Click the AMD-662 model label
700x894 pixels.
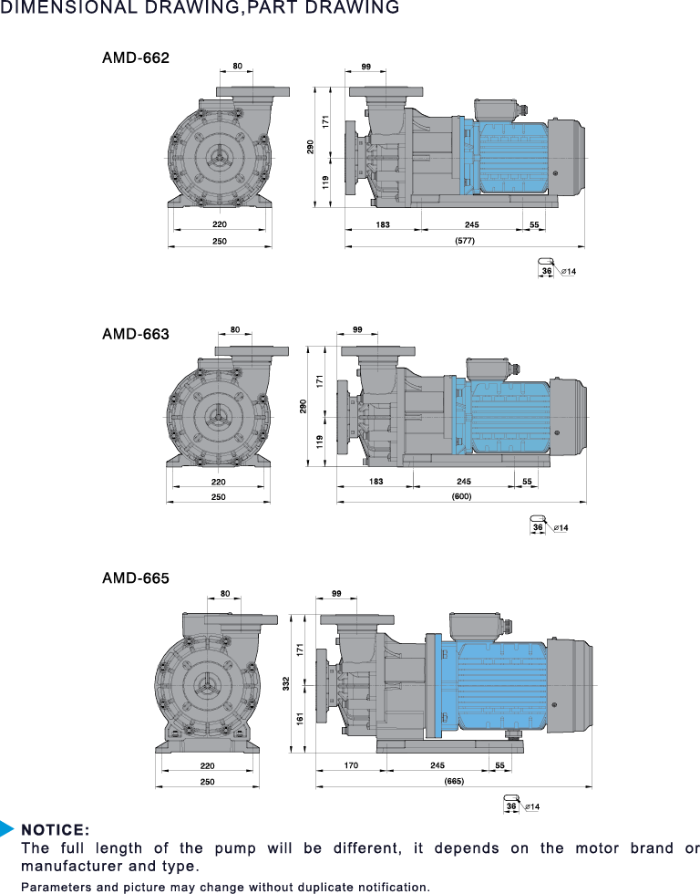tap(136, 58)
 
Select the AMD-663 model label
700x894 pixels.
tap(136, 334)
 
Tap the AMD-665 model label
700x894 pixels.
tap(136, 578)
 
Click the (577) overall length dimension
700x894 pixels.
tap(465, 241)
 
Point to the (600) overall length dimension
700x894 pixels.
tap(462, 496)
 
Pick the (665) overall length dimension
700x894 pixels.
tap(454, 781)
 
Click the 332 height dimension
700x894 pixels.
tap(286, 683)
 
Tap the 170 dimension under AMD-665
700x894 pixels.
tap(351, 765)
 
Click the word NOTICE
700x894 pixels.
tap(56, 829)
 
